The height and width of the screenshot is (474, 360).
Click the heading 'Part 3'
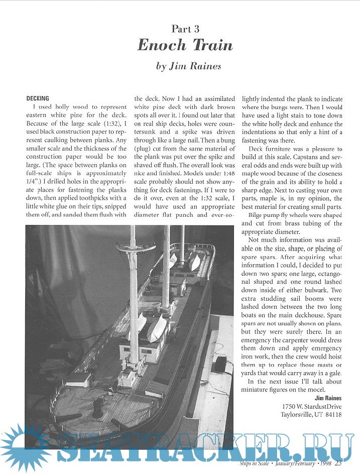pyautogui.click(x=185, y=29)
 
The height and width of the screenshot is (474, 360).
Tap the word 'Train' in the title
pyautogui.click(x=211, y=45)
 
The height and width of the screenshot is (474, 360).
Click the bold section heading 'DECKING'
pyautogui.click(x=38, y=99)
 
